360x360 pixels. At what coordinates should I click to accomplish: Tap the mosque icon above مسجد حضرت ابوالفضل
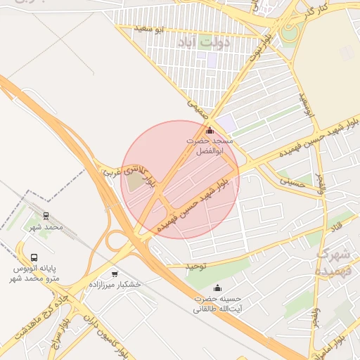point(208,129)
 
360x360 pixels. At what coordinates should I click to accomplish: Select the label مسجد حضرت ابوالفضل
point(208,146)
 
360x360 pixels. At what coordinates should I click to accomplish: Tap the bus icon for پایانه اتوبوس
point(34,257)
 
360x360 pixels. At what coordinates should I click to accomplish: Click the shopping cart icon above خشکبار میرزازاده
point(115,274)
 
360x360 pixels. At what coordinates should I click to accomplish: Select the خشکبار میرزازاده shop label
point(115,285)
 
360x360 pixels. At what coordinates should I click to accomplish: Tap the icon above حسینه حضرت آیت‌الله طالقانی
point(217,287)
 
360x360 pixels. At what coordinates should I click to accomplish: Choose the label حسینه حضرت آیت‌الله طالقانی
point(217,304)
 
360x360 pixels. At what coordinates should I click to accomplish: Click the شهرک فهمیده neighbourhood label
point(333,261)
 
